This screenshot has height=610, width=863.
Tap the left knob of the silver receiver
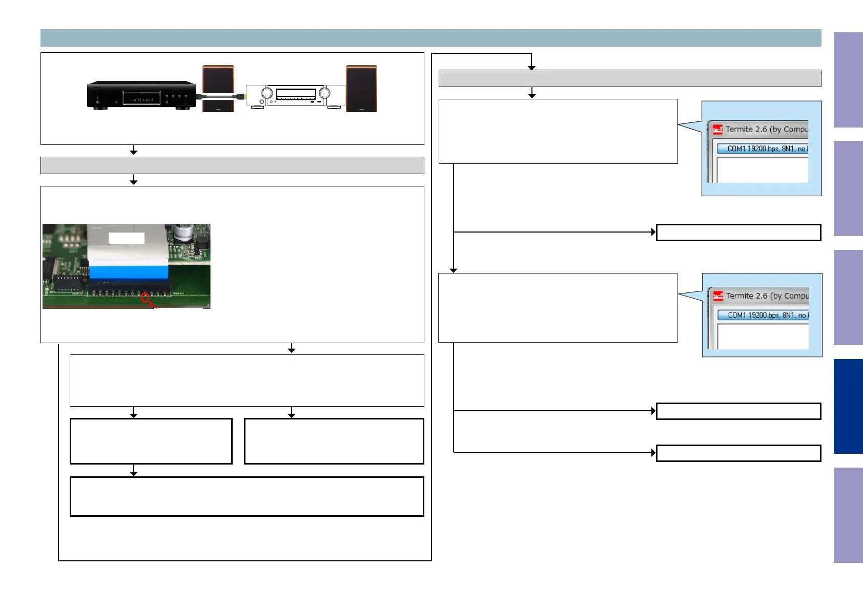point(267,93)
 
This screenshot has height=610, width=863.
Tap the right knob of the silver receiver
point(324,93)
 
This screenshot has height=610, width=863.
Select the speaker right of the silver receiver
point(361,88)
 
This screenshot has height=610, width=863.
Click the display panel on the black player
point(141,98)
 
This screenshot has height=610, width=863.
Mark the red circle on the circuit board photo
point(145,297)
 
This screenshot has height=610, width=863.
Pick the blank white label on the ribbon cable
point(127,238)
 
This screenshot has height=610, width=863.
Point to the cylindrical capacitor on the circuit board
point(182,232)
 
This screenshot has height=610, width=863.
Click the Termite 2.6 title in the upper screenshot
point(766,130)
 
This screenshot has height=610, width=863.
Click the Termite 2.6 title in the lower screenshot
point(767,296)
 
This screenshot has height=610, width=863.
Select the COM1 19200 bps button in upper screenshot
point(762,149)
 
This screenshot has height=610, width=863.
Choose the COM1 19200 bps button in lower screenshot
point(763,315)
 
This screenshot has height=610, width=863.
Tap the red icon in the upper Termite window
point(718,130)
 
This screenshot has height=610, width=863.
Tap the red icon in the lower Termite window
point(718,296)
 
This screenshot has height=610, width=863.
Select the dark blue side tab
point(848,406)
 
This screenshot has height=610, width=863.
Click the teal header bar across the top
point(430,38)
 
